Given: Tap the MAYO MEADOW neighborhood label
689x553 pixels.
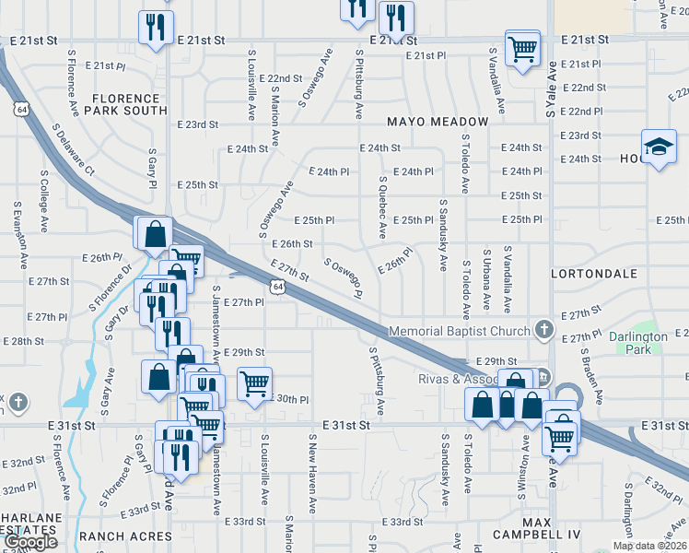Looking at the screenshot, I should tap(438, 122).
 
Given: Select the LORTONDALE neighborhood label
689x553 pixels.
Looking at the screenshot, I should tap(594, 275).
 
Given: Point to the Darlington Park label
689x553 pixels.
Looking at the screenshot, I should tap(637, 343).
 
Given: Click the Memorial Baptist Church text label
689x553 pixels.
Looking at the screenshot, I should tap(460, 331).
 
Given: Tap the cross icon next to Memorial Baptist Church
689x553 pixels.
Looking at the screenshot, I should tap(544, 329).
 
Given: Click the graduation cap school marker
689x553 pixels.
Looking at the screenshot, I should tap(659, 147).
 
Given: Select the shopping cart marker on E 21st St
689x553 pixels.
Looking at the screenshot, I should tap(522, 48).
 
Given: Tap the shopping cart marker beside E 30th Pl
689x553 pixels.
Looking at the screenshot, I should tap(254, 382).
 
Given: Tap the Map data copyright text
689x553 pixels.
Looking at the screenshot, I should tap(649, 546).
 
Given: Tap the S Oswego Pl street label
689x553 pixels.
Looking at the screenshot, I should tap(343, 277).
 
